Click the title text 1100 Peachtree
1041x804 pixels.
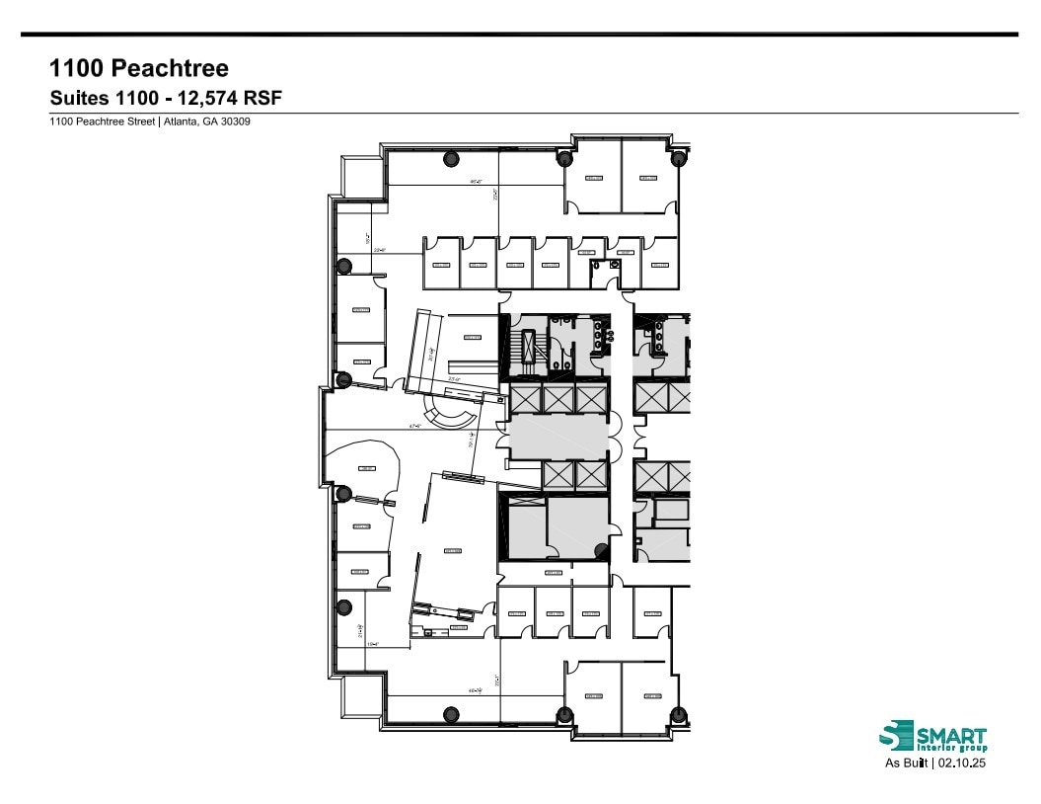(x=139, y=68)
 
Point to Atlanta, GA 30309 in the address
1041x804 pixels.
(x=214, y=122)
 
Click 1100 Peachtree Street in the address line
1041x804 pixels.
(x=103, y=122)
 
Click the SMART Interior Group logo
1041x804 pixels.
(x=931, y=737)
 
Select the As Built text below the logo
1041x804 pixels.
(x=904, y=763)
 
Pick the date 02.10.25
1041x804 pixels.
(x=963, y=763)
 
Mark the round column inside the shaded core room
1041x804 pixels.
(x=599, y=549)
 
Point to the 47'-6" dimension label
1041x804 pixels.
(x=416, y=428)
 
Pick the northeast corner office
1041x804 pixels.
(x=648, y=176)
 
